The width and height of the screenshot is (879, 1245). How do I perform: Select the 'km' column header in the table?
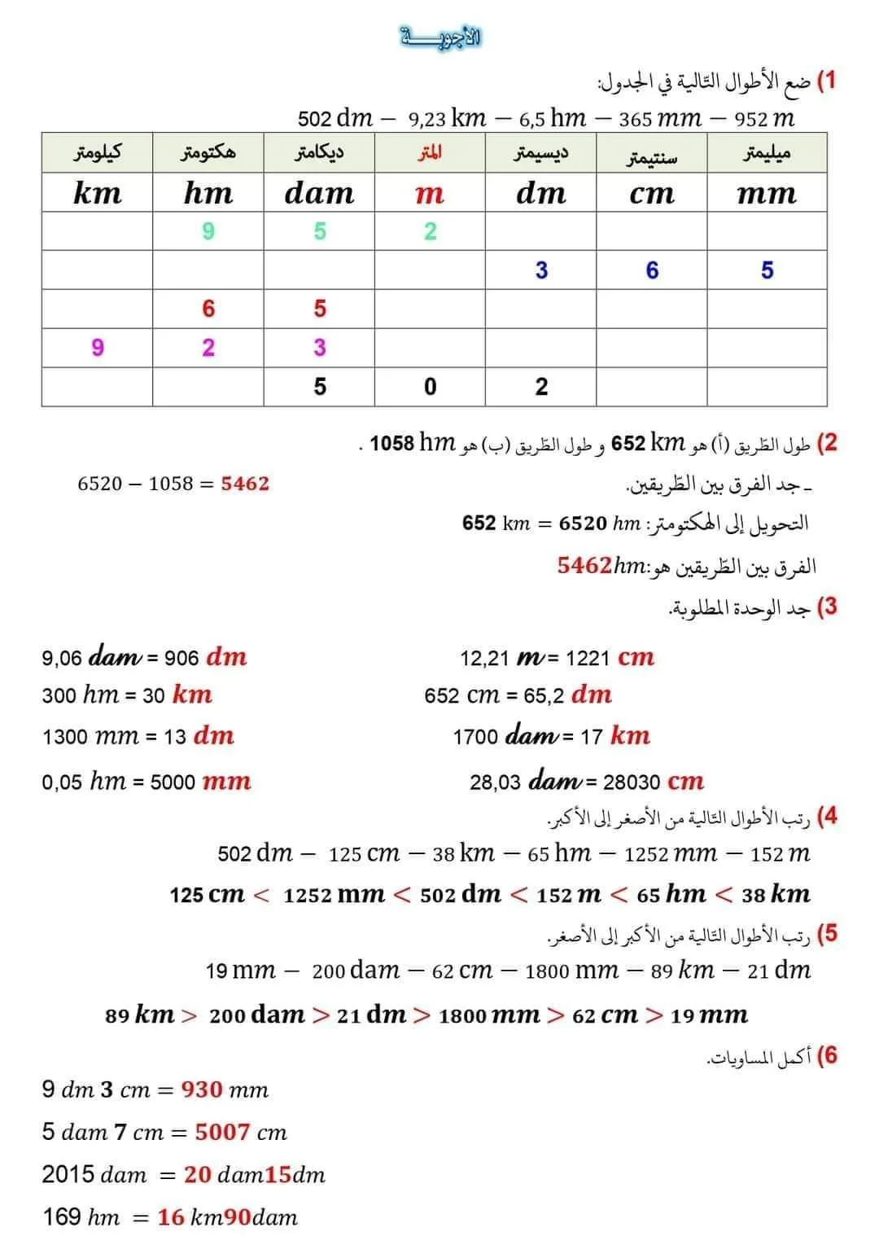click(x=97, y=193)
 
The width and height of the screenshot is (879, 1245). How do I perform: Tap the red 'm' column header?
click(x=429, y=193)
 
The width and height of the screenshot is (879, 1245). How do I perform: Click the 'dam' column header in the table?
click(x=319, y=193)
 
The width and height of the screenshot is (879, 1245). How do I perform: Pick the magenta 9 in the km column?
click(x=98, y=348)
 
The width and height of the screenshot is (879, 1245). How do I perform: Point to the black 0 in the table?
click(x=431, y=387)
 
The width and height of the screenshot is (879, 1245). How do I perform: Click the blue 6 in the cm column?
click(x=652, y=270)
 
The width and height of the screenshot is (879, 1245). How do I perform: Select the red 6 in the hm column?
click(x=208, y=309)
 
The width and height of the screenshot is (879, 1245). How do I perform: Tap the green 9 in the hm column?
click(x=208, y=231)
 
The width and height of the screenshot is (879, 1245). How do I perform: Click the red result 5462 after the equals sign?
click(x=245, y=484)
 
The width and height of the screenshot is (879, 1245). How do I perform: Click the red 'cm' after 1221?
click(x=636, y=657)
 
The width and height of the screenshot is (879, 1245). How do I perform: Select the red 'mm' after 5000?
click(x=226, y=782)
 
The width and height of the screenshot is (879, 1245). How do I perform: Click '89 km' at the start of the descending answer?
click(x=139, y=1015)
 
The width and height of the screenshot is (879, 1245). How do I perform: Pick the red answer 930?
click(x=202, y=1089)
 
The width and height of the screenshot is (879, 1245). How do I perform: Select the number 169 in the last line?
click(x=62, y=1217)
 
